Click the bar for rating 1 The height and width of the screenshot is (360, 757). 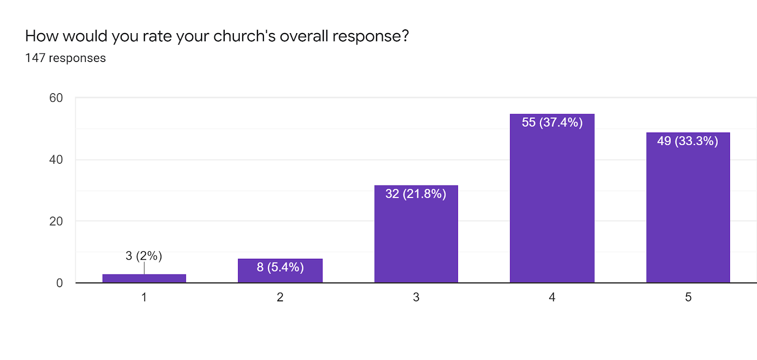coord(144,279)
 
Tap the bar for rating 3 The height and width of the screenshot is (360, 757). coord(416,237)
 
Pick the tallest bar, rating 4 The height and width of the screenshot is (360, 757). coord(552,203)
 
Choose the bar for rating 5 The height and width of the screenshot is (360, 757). coord(688,213)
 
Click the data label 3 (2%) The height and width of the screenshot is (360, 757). coord(144,256)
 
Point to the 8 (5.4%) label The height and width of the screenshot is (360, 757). coord(280,267)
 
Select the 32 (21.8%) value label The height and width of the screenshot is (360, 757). coord(416,194)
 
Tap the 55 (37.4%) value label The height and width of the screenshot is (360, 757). coord(552,123)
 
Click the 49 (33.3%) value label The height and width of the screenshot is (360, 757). coord(687,141)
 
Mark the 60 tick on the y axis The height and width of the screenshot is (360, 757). coord(56,98)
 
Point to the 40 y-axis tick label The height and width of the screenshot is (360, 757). coord(56,160)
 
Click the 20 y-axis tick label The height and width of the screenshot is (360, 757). coord(56,221)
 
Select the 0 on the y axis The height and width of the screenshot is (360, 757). coord(59,283)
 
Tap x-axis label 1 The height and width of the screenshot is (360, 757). coord(144,297)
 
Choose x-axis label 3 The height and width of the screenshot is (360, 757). coord(416,297)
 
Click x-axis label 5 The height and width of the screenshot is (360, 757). coord(688,297)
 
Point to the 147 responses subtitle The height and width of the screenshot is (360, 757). coord(65,58)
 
